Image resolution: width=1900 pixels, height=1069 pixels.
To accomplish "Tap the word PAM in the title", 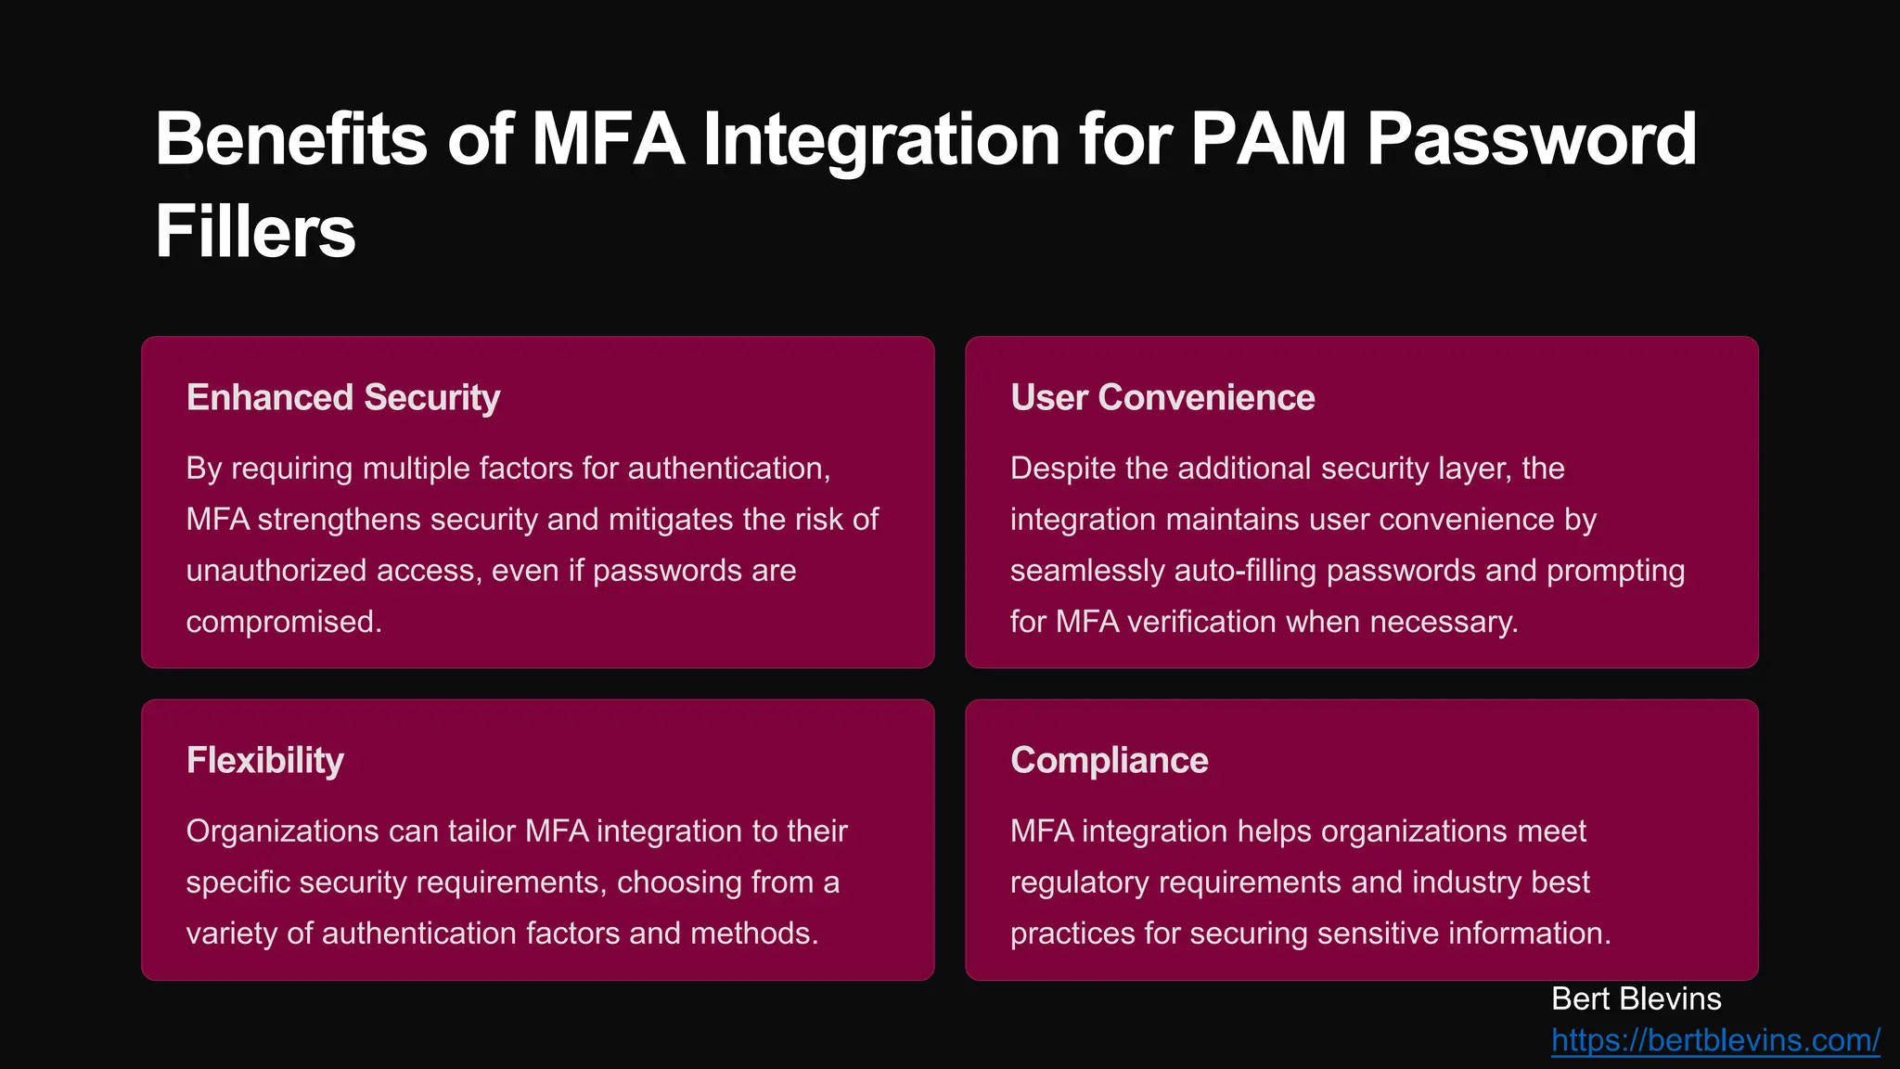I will (x=1268, y=139).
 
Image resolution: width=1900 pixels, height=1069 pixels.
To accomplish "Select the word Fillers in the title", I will (x=255, y=232).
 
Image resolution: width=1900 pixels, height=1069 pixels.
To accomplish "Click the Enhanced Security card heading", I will (x=343, y=397).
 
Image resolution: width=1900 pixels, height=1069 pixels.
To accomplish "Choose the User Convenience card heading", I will (x=1162, y=397).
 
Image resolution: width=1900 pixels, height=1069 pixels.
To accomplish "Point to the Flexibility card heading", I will (x=265, y=760).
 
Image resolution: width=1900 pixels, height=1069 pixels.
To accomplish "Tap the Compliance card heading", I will (x=1110, y=760).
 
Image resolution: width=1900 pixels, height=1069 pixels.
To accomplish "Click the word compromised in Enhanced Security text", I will (x=284, y=622).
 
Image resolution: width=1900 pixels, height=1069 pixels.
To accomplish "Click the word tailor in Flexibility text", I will (x=481, y=831).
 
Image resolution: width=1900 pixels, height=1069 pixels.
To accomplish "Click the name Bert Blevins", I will (x=1636, y=998).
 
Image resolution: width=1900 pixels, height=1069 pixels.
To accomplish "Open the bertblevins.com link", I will (x=1715, y=1040).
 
